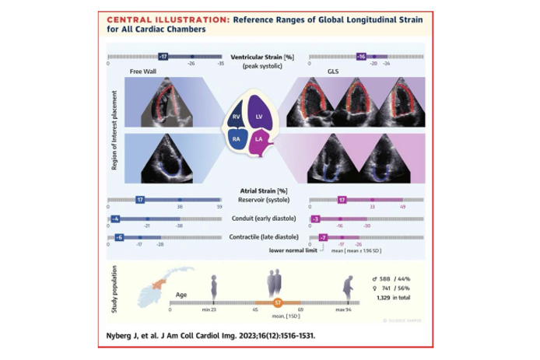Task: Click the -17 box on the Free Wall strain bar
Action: tap(163, 57)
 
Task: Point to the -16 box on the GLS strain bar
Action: tap(361, 57)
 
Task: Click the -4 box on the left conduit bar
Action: tap(115, 220)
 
